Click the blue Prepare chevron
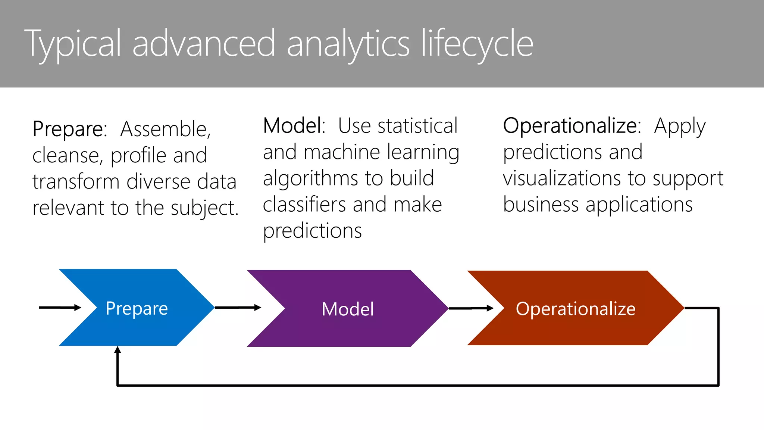click(x=137, y=308)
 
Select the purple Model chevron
click(x=348, y=309)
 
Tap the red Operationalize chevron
click(x=575, y=308)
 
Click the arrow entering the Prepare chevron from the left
click(x=60, y=308)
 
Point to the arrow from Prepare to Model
click(x=238, y=308)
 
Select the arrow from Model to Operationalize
click(x=471, y=308)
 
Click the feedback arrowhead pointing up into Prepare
click(x=118, y=350)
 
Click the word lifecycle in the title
click(x=477, y=44)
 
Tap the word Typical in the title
click(x=73, y=44)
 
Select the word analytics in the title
click(x=348, y=44)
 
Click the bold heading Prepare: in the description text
click(x=70, y=129)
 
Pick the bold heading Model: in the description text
click(x=294, y=126)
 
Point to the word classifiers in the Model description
click(x=304, y=205)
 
